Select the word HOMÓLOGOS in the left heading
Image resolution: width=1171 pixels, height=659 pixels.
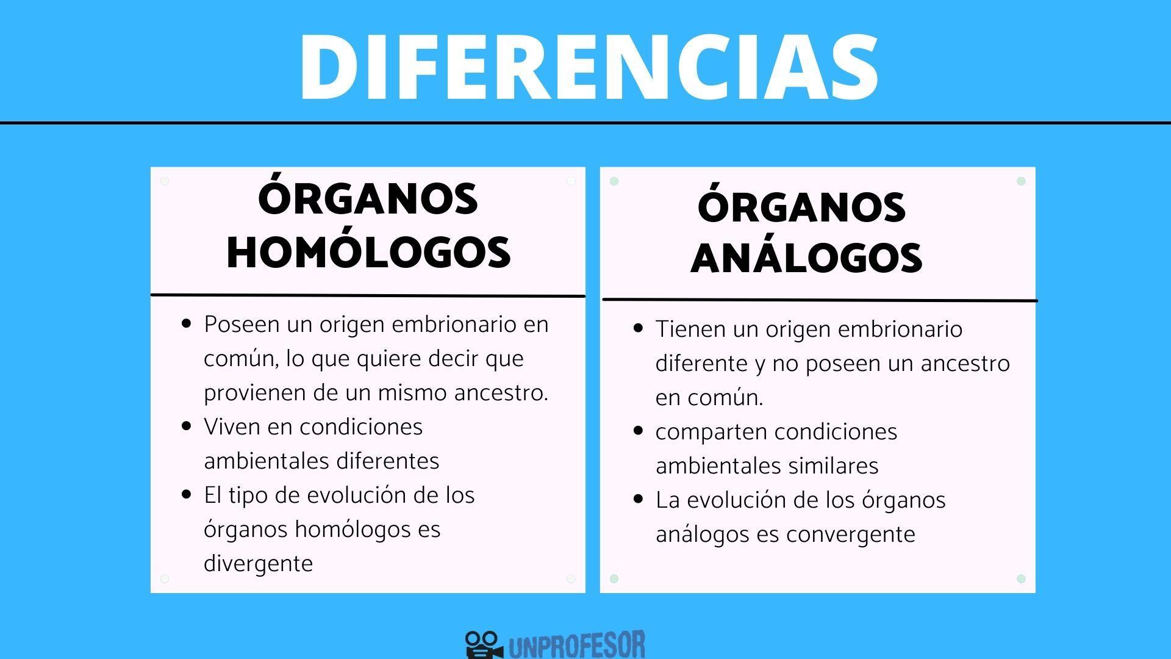(x=368, y=251)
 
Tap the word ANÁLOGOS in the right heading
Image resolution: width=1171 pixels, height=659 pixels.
(x=806, y=257)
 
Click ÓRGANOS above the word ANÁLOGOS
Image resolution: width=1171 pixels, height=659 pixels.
(x=801, y=207)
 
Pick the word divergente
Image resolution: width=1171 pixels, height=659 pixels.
(x=258, y=563)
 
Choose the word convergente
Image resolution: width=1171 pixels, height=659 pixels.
(x=850, y=535)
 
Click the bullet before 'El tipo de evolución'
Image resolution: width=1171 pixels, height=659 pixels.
(x=187, y=494)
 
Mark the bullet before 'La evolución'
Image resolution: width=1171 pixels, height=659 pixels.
(x=639, y=499)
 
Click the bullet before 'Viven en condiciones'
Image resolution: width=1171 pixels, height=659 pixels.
(x=187, y=426)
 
